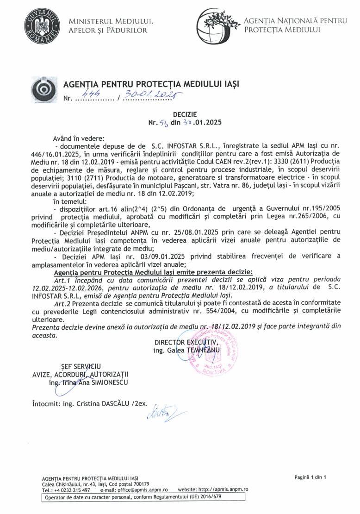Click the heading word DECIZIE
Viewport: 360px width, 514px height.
pyautogui.click(x=185, y=113)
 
